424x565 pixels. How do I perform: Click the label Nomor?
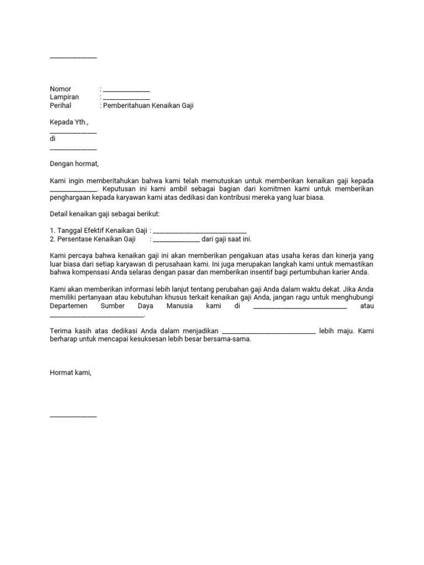point(61,89)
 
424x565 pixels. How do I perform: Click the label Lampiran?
point(64,97)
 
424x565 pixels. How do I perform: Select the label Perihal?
point(61,105)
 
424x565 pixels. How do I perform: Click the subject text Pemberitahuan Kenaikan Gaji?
point(149,105)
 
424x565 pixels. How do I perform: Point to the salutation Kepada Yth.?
point(69,122)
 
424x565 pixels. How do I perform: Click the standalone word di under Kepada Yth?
point(53,139)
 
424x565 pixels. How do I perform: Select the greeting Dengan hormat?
point(74,164)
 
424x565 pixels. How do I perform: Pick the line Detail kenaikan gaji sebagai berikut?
point(104,214)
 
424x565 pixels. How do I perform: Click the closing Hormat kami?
point(71,373)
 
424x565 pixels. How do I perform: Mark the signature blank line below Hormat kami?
point(73,417)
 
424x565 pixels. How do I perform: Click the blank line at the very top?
point(73,57)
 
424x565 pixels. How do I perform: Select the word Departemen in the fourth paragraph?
point(69,306)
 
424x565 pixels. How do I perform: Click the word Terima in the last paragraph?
point(60,331)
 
